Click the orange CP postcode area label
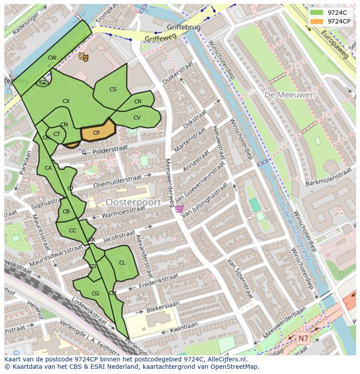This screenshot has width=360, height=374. (x=96, y=133)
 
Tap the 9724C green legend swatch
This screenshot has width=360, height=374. (x=317, y=13)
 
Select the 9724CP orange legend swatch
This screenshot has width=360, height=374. (x=317, y=21)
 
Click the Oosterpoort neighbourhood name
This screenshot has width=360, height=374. (x=133, y=202)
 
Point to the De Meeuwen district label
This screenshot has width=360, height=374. (x=283, y=94)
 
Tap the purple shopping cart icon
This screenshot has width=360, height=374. (x=179, y=209)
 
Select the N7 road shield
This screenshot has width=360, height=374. (x=303, y=338)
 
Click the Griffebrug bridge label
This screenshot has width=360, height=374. (x=183, y=27)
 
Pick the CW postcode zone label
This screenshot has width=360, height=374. (x=52, y=58)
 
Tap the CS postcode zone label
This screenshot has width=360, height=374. (x=113, y=89)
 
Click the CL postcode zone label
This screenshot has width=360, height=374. (x=122, y=263)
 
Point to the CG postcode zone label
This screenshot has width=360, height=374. (x=96, y=294)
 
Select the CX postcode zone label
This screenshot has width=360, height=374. (x=66, y=101)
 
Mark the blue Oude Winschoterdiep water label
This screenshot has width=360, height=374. (x=296, y=232)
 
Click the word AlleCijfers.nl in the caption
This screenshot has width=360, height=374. (x=226, y=360)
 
